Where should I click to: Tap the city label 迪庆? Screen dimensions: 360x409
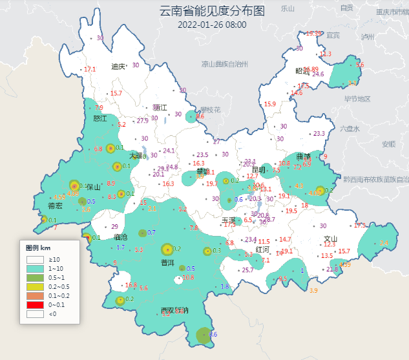(x=118, y=67)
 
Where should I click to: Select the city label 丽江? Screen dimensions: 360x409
(x=160, y=108)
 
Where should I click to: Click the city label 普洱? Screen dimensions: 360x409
(x=167, y=262)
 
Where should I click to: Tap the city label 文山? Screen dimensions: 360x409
(x=331, y=238)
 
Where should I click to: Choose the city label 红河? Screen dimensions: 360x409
(x=262, y=249)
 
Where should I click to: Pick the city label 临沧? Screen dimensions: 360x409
(x=121, y=237)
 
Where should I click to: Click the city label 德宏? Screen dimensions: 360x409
(x=56, y=206)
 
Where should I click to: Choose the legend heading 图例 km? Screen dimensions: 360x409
(x=38, y=248)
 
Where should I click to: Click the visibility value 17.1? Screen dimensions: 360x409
(x=90, y=69)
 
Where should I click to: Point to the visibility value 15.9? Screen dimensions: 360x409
(x=269, y=104)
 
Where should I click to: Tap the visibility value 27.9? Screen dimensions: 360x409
(x=143, y=121)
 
